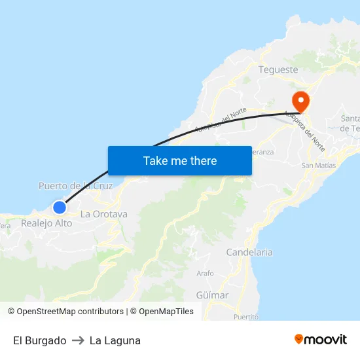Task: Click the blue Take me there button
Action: pyautogui.click(x=179, y=160)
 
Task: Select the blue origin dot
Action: pyautogui.click(x=60, y=207)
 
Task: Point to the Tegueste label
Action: pyautogui.click(x=278, y=69)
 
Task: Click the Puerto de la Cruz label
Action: pyautogui.click(x=75, y=186)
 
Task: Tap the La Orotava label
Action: pyautogui.click(x=103, y=214)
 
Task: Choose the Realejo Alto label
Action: pyautogui.click(x=46, y=223)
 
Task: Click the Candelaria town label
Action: pyautogui.click(x=249, y=252)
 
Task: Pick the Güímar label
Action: pyautogui.click(x=212, y=295)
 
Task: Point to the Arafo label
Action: pyautogui.click(x=205, y=274)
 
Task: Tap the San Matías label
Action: pyautogui.click(x=318, y=166)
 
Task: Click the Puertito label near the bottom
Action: pyautogui.click(x=246, y=317)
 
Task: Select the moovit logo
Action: pyautogui.click(x=320, y=339)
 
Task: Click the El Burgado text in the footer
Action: pyautogui.click(x=39, y=340)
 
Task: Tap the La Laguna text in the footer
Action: pyautogui.click(x=115, y=340)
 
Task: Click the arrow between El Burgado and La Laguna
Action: pyautogui.click(x=78, y=340)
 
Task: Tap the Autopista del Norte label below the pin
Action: pyautogui.click(x=304, y=127)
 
